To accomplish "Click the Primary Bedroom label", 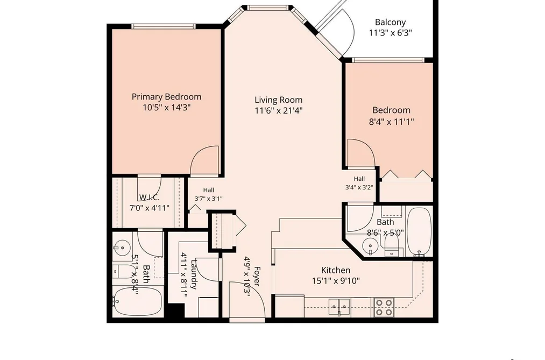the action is [166, 97].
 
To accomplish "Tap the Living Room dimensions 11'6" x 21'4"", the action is [279, 111].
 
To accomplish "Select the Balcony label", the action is [391, 22].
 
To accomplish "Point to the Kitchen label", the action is [336, 270].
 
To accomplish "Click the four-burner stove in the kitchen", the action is [384, 307].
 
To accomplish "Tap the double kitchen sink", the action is [339, 306].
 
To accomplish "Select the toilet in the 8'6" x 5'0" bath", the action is [393, 245].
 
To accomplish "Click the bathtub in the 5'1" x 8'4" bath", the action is [138, 301].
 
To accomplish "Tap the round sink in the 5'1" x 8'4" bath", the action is [122, 248].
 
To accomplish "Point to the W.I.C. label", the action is [150, 197].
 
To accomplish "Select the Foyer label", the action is [257, 276].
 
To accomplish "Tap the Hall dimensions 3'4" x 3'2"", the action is [359, 187].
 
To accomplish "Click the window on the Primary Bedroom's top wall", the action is [164, 26].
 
